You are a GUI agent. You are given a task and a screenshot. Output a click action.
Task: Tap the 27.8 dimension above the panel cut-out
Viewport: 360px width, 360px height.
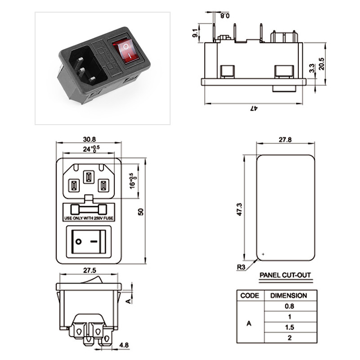click(285, 140)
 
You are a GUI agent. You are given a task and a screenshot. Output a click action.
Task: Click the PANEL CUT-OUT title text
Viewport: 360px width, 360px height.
click(285, 275)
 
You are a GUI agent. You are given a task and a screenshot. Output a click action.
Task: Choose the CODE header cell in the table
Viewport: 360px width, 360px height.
click(250, 296)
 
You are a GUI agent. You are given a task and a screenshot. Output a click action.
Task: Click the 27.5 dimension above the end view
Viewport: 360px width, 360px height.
click(89, 271)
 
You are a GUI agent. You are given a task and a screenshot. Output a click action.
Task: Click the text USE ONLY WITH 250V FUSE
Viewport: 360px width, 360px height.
click(89, 218)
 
